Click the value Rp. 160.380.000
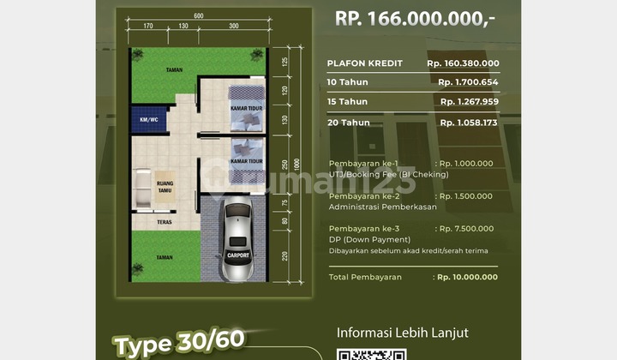point(463,63)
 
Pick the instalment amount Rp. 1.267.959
point(468,102)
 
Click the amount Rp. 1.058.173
point(468,123)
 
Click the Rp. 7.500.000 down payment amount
point(464,229)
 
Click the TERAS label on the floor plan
point(165,221)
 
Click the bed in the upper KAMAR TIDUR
point(245,100)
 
